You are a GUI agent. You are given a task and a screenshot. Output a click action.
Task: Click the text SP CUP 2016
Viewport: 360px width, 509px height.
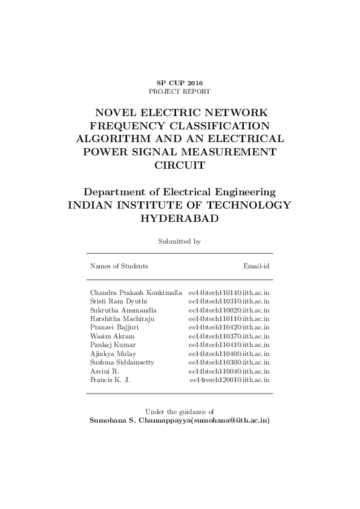tap(180, 82)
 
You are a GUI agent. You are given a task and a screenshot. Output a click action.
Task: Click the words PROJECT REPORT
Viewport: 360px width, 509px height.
tap(180, 91)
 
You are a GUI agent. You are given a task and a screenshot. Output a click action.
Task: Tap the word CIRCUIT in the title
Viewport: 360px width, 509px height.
tap(180, 164)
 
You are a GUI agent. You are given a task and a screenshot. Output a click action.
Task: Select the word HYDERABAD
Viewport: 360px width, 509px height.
tap(180, 218)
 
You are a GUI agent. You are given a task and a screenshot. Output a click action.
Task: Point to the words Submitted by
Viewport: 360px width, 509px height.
tap(180, 241)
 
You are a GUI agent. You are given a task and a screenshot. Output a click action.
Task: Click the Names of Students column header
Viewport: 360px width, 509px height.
tap(119, 266)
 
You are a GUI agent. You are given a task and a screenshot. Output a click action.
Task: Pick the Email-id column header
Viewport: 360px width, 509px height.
tap(256, 266)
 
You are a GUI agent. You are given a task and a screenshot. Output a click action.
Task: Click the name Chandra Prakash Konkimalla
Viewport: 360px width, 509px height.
tap(136, 293)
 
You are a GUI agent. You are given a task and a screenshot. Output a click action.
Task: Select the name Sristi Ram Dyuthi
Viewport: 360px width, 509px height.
tap(118, 301)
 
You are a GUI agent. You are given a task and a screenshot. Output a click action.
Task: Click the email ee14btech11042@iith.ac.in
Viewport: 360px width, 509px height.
tap(229, 327)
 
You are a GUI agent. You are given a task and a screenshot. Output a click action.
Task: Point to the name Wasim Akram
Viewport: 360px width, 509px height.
tap(113, 336)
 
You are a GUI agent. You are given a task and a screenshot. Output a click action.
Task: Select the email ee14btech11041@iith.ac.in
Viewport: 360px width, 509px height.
tap(229, 345)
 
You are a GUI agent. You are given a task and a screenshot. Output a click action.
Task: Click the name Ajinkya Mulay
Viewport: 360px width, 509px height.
tap(113, 354)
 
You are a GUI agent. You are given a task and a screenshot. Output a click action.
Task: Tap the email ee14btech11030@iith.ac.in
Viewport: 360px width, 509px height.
tap(229, 362)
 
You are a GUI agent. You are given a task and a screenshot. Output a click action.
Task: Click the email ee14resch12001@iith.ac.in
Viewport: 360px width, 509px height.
tap(229, 380)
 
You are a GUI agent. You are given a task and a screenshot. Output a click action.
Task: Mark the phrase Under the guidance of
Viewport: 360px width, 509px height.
tap(180, 411)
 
